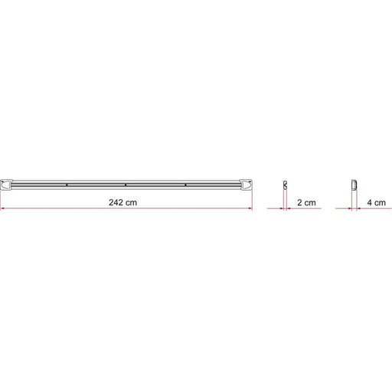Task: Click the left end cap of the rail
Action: (x=8, y=184)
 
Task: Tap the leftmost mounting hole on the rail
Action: (x=67, y=184)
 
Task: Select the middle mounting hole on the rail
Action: (x=126, y=184)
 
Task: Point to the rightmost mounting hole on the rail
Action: (x=185, y=184)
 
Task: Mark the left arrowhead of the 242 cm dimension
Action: (x=4, y=207)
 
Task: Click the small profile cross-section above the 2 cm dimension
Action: (x=283, y=184)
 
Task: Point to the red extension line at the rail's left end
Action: (x=2, y=198)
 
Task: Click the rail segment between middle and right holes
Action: (x=155, y=184)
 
